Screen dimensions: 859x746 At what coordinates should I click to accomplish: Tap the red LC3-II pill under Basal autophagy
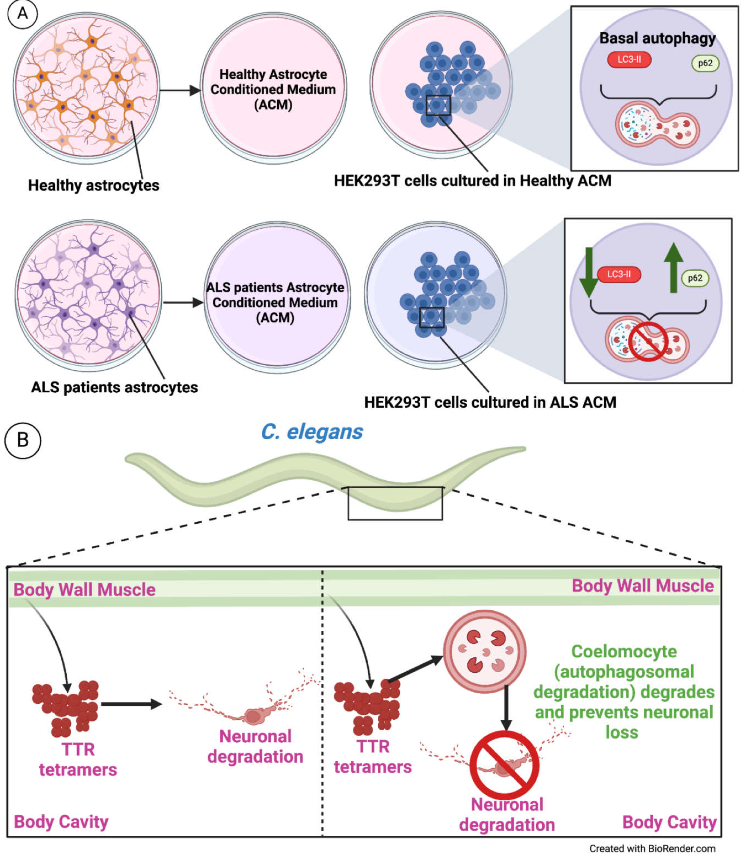coord(629,60)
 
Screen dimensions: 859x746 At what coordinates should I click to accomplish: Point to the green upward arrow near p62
coord(673,267)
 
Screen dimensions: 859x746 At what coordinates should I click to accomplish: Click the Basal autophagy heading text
coord(657,38)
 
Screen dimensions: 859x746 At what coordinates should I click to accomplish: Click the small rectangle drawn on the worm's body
coord(395,503)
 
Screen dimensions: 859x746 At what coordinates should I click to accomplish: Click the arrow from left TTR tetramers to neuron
coord(131,704)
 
